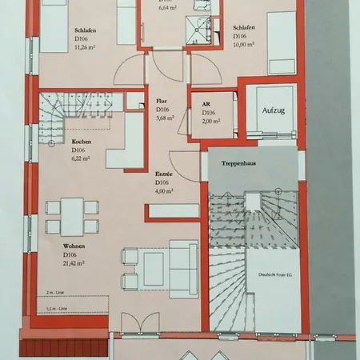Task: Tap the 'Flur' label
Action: [161, 102]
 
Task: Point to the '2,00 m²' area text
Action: [210, 122]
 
